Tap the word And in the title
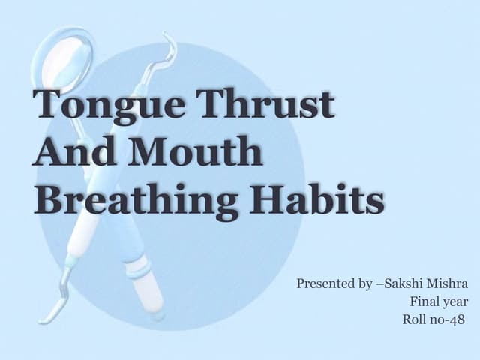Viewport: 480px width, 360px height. pyautogui.click(x=73, y=151)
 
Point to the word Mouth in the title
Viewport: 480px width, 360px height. pyautogui.click(x=195, y=151)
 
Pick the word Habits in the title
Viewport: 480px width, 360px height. pyautogui.click(x=316, y=198)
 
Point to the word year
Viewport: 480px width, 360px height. pyautogui.click(x=454, y=302)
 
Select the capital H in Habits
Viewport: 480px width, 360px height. pyautogui.click(x=268, y=198)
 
